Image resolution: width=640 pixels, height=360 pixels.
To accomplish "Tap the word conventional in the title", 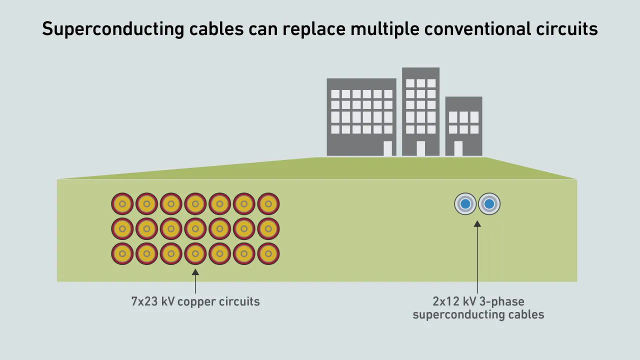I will click(x=477, y=29).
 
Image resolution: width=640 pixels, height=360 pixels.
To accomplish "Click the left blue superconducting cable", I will click(x=465, y=204).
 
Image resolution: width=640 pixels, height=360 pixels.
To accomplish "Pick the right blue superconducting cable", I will click(x=489, y=204).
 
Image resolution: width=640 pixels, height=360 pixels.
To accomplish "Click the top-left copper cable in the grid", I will click(x=122, y=204).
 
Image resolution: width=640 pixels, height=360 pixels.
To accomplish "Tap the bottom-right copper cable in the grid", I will click(x=268, y=253).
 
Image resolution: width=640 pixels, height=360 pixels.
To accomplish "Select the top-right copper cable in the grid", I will click(x=268, y=204).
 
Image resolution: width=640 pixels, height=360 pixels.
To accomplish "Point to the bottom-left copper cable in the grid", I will click(x=122, y=253).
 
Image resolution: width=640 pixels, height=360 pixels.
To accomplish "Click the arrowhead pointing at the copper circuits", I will click(x=195, y=272).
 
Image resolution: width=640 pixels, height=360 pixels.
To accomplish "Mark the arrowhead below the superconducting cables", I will click(x=477, y=223).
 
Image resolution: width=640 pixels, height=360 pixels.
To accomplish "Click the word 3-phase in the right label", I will click(x=503, y=301).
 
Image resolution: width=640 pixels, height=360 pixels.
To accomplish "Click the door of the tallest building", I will click(x=420, y=148).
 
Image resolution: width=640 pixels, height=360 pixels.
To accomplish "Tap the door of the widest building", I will click(x=387, y=148).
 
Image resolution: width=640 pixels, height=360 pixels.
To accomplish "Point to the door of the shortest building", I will click(x=458, y=148).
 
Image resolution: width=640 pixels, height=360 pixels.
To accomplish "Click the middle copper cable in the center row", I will click(x=195, y=228).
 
